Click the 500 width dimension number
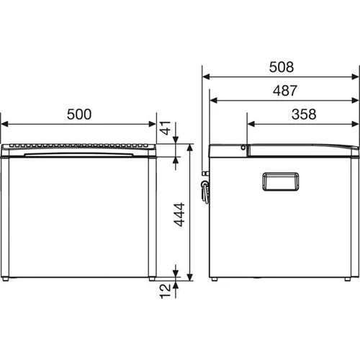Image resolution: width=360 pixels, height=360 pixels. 78,114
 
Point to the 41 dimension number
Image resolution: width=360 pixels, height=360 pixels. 165,130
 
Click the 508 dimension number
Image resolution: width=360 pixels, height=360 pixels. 280,67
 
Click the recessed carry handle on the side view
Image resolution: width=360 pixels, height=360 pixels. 280,181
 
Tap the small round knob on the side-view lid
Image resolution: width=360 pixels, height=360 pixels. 243,148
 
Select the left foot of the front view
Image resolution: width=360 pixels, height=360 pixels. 7,278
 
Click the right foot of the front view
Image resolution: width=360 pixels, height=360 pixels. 151,278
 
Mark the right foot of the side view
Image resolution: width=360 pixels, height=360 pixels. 347,278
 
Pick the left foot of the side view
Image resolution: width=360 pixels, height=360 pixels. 217,278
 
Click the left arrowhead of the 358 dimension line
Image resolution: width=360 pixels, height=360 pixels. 250,124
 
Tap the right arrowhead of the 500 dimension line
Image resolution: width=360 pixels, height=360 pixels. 153,124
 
